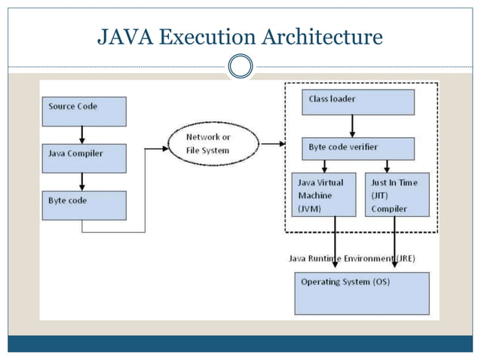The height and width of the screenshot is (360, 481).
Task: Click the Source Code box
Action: point(83,111)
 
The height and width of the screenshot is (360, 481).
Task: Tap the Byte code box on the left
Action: point(83,205)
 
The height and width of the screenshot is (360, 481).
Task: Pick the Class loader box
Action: point(358,102)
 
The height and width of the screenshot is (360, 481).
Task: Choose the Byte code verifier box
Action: point(358,148)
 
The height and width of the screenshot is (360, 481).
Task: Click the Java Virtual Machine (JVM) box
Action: point(323,195)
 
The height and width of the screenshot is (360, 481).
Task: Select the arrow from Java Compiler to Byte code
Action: point(82,182)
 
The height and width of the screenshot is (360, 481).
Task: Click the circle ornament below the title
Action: point(240,67)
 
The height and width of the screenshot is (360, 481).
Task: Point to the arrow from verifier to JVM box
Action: point(324,166)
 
